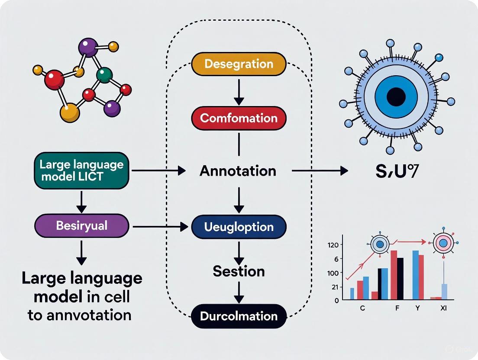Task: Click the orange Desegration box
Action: [239, 64]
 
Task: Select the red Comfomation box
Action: [239, 118]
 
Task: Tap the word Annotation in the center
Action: [238, 171]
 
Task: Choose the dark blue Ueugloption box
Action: [239, 227]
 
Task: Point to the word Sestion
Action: [239, 271]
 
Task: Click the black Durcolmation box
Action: [239, 316]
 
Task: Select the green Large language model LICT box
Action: [81, 170]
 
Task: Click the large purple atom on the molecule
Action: [89, 47]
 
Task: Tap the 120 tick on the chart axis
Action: [333, 245]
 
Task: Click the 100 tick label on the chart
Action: [333, 273]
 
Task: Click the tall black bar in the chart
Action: [400, 278]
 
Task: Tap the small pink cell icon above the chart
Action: [443, 244]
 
